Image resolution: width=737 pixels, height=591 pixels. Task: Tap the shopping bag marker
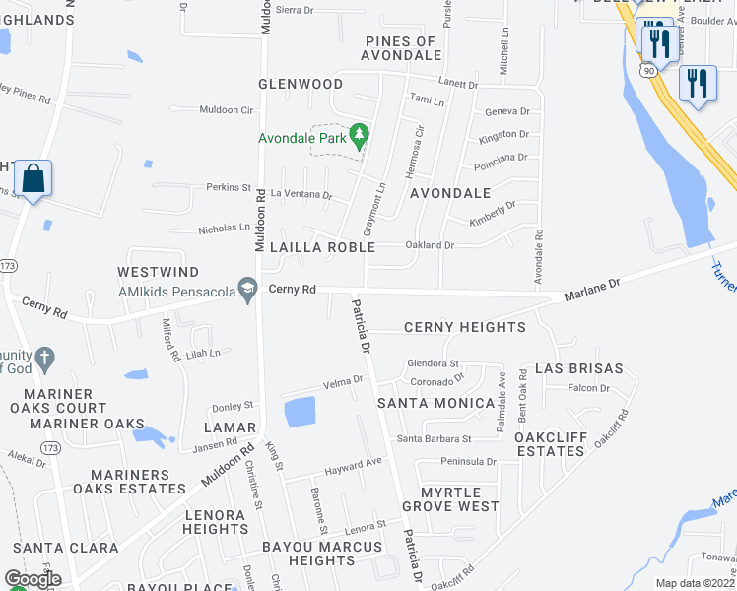(33, 179)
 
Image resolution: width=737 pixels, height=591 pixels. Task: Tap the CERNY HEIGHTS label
(464, 327)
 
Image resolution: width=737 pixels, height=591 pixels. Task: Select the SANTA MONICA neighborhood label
(436, 403)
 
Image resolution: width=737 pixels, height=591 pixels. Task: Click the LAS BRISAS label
(578, 368)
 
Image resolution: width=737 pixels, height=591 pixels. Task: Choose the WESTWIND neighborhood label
(158, 272)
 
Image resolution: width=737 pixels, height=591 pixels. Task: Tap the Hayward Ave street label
(353, 464)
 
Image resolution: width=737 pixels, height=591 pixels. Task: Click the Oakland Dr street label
(429, 245)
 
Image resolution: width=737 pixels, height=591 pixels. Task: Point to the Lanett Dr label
(459, 85)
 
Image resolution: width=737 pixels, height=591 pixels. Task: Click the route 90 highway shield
(647, 71)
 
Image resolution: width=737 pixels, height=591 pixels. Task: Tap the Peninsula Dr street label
(469, 461)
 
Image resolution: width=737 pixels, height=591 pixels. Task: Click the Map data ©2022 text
(694, 583)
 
